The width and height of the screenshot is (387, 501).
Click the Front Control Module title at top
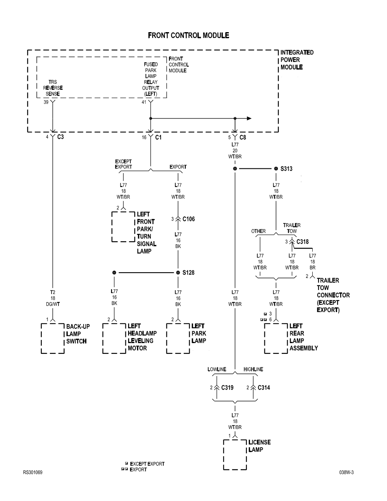click(188, 36)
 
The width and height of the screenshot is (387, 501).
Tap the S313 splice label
click(286, 169)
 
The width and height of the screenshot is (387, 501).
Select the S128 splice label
click(188, 273)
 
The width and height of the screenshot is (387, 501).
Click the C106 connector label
click(188, 219)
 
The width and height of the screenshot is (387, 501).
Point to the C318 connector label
click(303, 242)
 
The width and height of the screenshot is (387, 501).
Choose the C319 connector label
click(227, 388)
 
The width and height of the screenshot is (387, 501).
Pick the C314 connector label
click(264, 388)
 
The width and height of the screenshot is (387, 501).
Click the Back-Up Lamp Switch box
click(53, 338)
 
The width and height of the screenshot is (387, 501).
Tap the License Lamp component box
click(235, 455)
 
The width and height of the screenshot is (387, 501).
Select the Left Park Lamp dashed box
click(178, 338)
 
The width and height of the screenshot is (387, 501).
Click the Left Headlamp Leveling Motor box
click(114, 338)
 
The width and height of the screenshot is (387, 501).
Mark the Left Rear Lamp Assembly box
click(276, 338)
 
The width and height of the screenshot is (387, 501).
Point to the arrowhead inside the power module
click(249, 118)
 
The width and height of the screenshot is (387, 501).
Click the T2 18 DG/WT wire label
click(53, 298)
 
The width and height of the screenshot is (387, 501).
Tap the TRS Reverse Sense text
click(53, 88)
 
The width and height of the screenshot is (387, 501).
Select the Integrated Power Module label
click(297, 60)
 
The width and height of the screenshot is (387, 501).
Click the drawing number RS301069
click(33, 472)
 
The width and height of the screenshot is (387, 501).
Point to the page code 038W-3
click(346, 472)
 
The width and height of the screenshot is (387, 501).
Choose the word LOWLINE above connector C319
click(217, 369)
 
